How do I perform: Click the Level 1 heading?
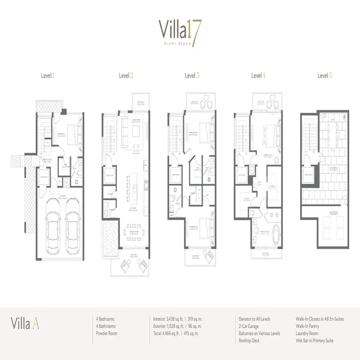tap(47, 76)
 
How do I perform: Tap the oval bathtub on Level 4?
tap(272, 230)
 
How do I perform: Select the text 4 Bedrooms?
tap(106, 319)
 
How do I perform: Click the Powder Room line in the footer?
tap(107, 333)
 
